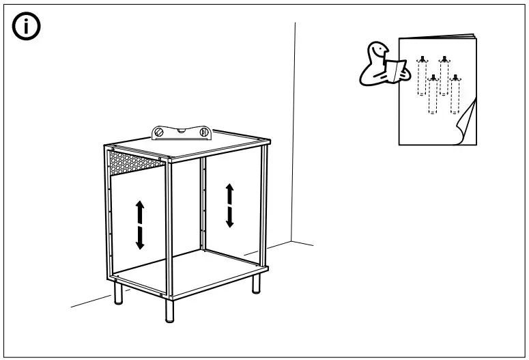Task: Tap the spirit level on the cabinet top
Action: [x=182, y=130]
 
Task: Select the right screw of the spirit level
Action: [x=202, y=130]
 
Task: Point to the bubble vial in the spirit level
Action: [x=181, y=127]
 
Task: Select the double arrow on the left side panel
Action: [x=140, y=224]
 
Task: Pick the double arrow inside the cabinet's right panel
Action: [x=229, y=205]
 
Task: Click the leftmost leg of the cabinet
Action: [x=117, y=293]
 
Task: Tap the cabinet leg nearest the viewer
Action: [x=169, y=311]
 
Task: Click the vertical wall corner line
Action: [x=295, y=137]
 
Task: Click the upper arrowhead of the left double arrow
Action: [x=140, y=206]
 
